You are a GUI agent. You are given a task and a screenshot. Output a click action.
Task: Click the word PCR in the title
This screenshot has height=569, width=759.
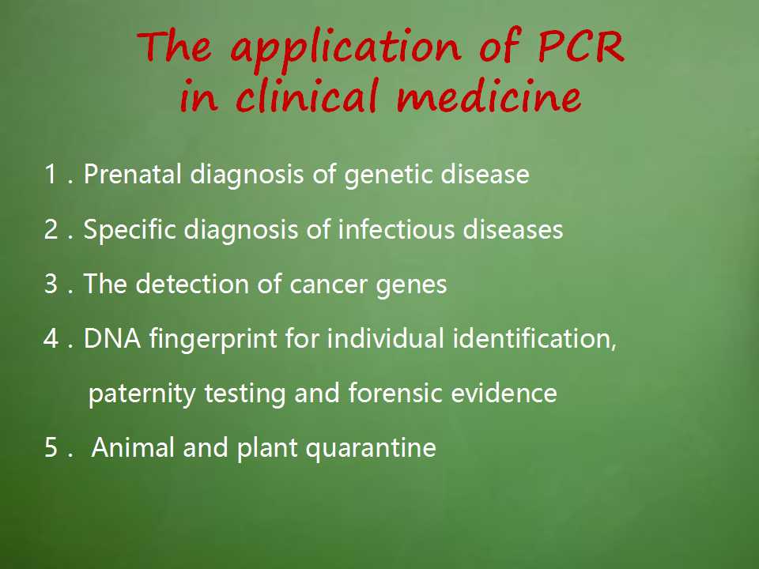click(581, 47)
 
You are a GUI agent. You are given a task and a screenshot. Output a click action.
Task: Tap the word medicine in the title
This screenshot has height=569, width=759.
click(489, 96)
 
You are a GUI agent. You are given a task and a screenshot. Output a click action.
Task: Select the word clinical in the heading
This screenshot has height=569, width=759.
click(308, 96)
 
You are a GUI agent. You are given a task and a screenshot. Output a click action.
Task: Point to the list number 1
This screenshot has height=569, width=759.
click(51, 174)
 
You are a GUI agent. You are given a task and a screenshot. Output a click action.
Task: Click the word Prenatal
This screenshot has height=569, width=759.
click(132, 174)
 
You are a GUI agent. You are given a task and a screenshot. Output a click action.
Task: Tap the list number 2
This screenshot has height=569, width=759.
click(51, 229)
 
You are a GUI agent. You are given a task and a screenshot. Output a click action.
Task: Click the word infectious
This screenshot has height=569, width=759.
click(396, 229)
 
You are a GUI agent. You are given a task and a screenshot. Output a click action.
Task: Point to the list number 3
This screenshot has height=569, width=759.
click(51, 284)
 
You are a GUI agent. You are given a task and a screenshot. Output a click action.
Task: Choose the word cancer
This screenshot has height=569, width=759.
click(328, 285)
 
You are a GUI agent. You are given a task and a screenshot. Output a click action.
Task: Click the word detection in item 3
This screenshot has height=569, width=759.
click(191, 284)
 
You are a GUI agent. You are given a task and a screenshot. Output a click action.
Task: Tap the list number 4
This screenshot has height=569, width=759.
click(51, 338)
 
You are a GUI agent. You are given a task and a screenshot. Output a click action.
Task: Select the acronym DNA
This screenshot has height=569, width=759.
click(111, 338)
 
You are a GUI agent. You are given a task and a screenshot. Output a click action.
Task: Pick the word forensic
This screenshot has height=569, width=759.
click(395, 393)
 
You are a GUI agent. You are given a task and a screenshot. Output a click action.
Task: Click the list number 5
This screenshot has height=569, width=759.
click(51, 447)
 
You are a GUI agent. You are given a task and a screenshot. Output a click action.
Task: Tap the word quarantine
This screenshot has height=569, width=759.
click(371, 449)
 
